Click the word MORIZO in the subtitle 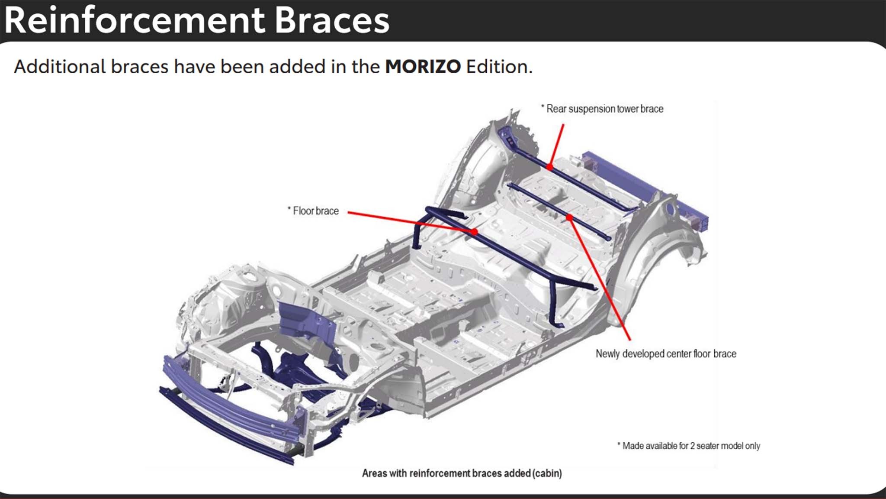[423, 67]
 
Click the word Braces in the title [332, 21]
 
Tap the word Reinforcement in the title [135, 21]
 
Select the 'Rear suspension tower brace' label [604, 109]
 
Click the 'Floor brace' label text [315, 211]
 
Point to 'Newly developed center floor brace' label [666, 354]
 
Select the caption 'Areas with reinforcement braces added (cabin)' [462, 473]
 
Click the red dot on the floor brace [475, 232]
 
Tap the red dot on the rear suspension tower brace [549, 166]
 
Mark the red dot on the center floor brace [570, 217]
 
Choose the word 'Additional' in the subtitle [60, 67]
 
